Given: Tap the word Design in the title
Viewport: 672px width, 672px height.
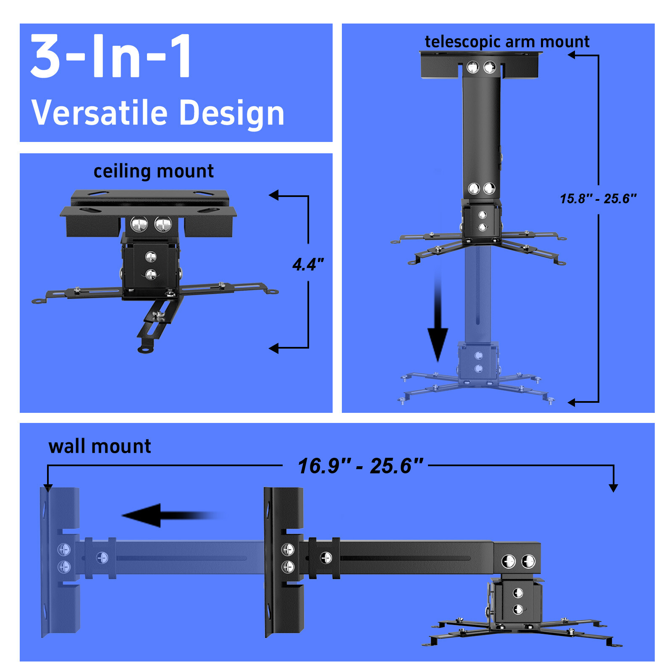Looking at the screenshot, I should [232, 113].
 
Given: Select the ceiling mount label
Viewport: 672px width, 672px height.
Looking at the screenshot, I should [153, 171].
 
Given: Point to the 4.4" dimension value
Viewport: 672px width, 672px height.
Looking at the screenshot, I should [308, 265].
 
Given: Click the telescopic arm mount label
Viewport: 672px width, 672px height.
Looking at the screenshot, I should [507, 42].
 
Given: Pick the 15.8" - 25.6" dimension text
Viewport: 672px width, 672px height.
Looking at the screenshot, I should [598, 199].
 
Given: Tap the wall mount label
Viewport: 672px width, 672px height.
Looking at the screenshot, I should [100, 446].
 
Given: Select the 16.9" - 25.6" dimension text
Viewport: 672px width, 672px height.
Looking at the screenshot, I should [360, 466].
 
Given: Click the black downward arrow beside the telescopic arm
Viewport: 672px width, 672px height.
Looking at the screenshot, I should [438, 336].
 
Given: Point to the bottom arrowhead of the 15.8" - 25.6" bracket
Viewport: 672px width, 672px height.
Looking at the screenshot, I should [572, 402].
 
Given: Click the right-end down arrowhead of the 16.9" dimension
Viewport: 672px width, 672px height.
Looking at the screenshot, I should [613, 488].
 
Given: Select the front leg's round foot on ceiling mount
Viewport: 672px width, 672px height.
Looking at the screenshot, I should [145, 349].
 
